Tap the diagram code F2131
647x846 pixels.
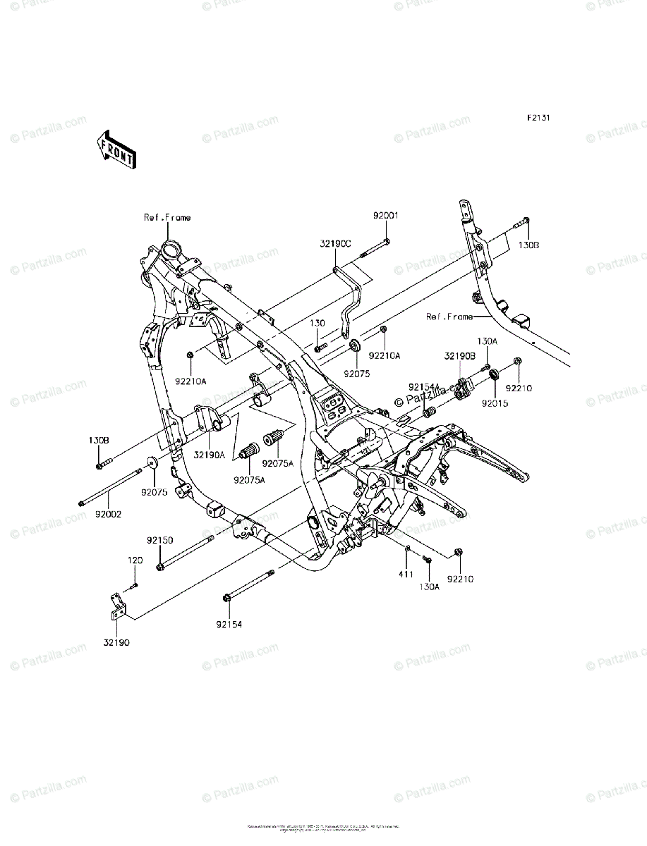click(537, 118)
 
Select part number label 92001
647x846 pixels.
click(386, 215)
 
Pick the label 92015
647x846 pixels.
click(494, 404)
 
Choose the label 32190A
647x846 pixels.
click(210, 455)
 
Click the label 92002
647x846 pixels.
click(107, 514)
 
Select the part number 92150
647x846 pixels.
click(159, 540)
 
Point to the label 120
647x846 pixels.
click(134, 560)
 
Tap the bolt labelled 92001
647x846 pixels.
click(375, 250)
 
